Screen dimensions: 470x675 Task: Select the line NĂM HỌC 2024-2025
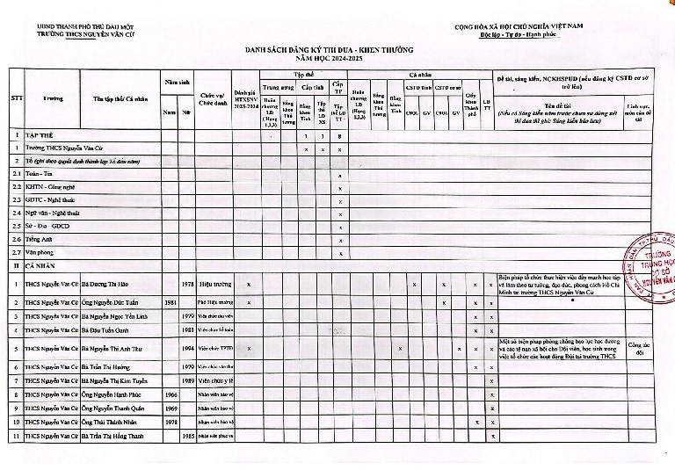click(x=341, y=58)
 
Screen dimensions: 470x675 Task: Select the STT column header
click(x=16, y=98)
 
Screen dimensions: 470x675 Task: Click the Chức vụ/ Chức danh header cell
click(x=214, y=98)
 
